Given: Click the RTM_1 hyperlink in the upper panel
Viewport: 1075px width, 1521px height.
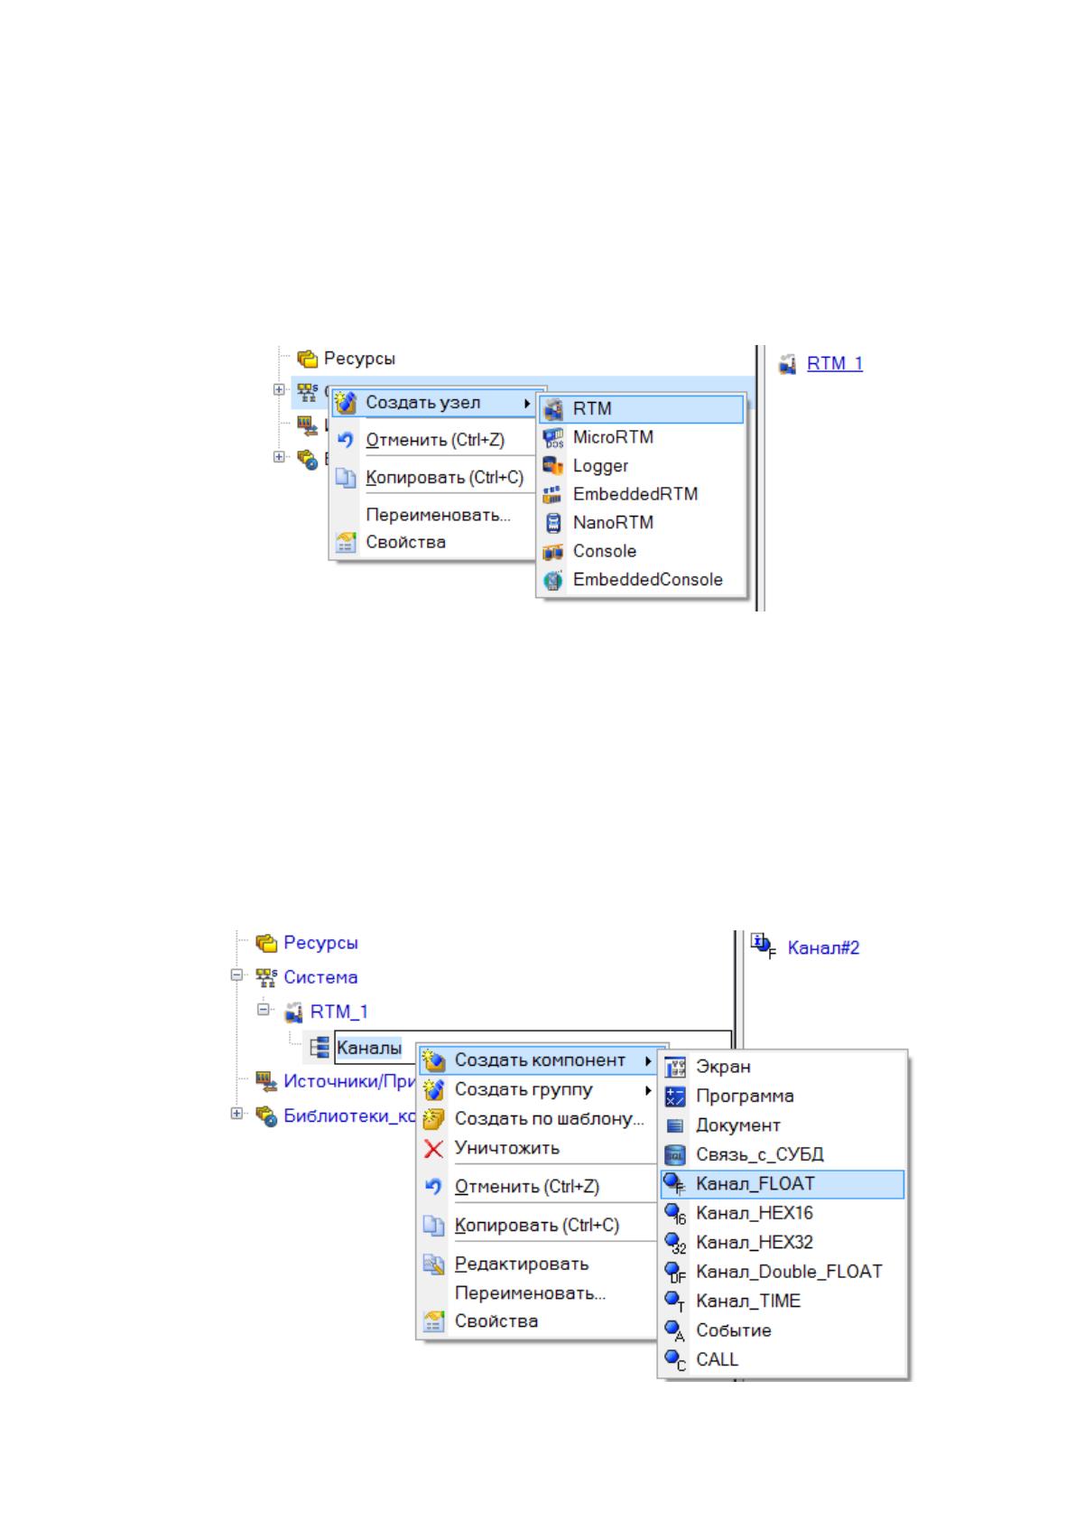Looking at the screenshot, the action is (x=834, y=363).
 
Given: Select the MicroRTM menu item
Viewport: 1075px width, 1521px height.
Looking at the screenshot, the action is (x=613, y=437).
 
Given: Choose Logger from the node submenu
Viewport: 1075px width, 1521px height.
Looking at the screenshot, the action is (x=600, y=466).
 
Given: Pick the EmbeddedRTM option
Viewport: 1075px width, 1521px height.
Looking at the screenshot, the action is (x=635, y=494).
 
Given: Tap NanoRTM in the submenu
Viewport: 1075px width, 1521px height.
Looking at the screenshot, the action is (x=613, y=523).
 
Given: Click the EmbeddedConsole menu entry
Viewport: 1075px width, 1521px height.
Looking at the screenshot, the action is (x=647, y=580).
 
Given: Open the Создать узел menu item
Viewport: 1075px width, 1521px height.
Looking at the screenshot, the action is (x=422, y=403).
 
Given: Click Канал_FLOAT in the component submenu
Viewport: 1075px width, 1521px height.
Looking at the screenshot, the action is (x=755, y=1183).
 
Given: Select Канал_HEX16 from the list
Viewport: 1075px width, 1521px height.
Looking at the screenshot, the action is (x=754, y=1213).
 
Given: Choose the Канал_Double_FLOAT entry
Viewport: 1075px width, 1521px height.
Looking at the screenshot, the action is (x=789, y=1271).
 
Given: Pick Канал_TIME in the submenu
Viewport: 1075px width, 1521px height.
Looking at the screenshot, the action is (x=748, y=1301).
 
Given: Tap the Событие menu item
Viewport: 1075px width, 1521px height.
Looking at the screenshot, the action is (x=734, y=1330).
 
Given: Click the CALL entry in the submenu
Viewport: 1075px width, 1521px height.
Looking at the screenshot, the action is (x=717, y=1359).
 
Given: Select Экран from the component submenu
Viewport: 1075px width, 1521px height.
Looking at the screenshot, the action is (x=724, y=1067).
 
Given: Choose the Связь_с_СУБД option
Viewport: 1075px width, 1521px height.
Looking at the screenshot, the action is (x=759, y=1154).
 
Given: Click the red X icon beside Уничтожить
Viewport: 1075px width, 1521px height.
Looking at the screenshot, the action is (x=433, y=1149).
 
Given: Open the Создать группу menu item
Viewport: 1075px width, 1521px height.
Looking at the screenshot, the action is (x=524, y=1089).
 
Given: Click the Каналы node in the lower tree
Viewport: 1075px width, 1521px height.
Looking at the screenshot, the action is (x=368, y=1048).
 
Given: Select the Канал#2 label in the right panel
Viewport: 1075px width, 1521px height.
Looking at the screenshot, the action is (x=823, y=947).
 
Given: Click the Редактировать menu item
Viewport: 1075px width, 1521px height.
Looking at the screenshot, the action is (x=521, y=1264).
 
